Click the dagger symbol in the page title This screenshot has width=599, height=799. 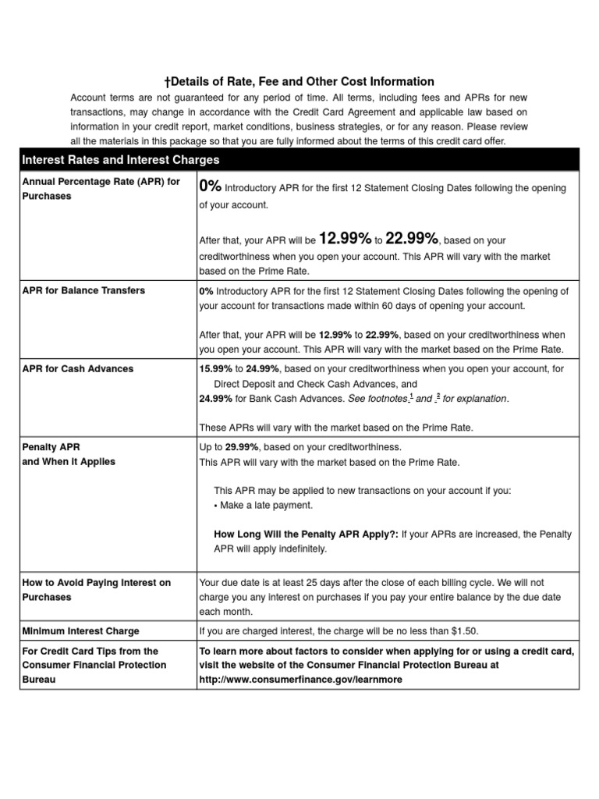click(167, 81)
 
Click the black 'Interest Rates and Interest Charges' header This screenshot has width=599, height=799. click(121, 159)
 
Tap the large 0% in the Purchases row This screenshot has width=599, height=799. click(211, 186)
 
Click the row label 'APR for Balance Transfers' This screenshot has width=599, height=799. click(83, 290)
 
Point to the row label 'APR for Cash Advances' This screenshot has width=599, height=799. click(78, 368)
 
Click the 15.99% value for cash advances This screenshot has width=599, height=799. click(216, 368)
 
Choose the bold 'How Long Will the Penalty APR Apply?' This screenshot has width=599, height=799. click(306, 534)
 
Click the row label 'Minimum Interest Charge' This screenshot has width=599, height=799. click(80, 630)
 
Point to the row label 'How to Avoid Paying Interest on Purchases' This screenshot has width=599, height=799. click(96, 590)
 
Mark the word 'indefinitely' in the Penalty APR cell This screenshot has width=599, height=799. click(300, 549)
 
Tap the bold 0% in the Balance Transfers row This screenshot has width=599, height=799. click(207, 290)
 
